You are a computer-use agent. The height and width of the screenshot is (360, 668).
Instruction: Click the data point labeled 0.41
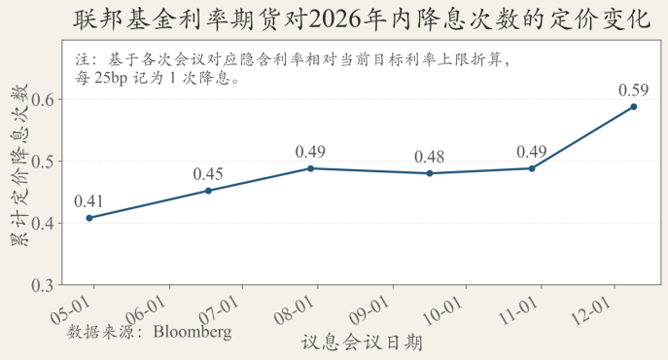tap(89, 218)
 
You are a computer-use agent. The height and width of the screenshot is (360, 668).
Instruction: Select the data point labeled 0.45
tap(208, 191)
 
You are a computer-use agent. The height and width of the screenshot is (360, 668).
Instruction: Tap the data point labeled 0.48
tap(430, 173)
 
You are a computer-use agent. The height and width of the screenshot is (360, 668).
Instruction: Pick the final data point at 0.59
tap(633, 106)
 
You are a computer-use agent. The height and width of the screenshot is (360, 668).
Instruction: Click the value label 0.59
tap(633, 90)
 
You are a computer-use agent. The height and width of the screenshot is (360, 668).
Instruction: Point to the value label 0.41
tap(89, 201)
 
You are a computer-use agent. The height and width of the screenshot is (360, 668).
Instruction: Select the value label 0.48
tap(430, 157)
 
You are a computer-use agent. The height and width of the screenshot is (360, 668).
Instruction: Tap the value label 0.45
tap(208, 174)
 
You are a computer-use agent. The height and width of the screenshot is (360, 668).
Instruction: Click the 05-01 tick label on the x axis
tap(78, 309)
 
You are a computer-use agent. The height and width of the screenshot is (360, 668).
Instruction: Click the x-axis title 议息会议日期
tap(362, 342)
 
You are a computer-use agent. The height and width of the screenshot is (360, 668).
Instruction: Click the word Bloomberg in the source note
tap(193, 331)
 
